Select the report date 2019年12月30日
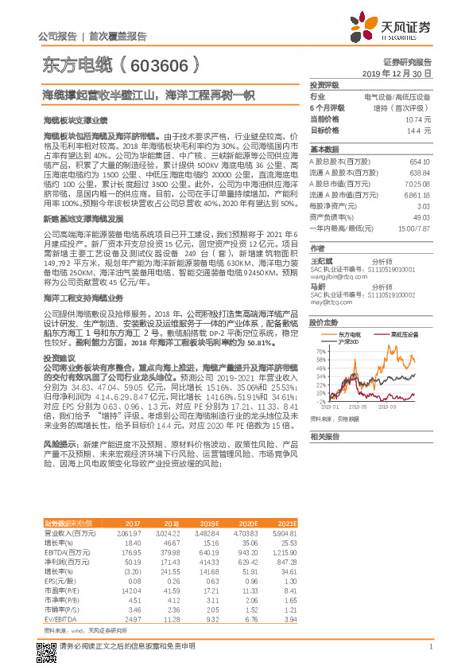click(402, 72)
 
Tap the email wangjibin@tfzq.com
click(334, 269)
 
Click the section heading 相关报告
click(326, 437)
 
